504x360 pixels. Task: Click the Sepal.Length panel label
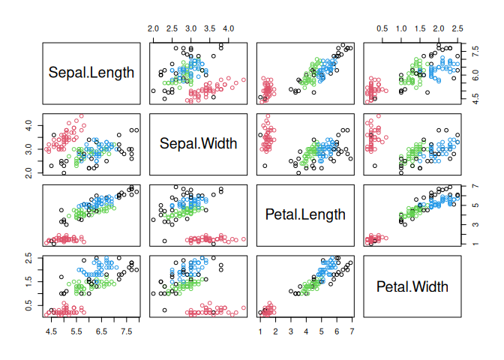click(91, 73)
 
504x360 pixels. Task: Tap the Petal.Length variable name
click(305, 214)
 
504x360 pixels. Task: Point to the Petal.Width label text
click(412, 286)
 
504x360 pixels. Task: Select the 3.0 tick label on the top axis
click(191, 28)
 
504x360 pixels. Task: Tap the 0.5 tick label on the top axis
click(382, 28)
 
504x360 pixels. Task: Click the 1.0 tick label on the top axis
click(401, 28)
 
